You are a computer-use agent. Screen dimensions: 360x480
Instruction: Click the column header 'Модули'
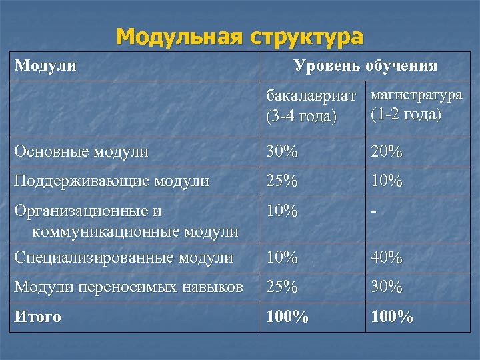tap(45, 65)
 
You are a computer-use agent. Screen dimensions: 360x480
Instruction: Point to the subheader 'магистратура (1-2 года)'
tap(415, 105)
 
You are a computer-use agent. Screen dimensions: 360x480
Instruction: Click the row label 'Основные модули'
tap(81, 151)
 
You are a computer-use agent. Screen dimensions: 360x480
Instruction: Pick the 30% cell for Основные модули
tap(281, 151)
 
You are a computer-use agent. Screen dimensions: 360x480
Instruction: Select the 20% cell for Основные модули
tap(387, 151)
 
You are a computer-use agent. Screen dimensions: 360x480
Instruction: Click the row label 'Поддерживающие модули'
tap(112, 180)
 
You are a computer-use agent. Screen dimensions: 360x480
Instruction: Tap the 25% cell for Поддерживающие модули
tap(281, 180)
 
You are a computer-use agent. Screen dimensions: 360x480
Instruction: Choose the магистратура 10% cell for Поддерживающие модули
tap(387, 180)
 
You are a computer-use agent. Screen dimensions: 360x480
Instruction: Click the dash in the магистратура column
tap(375, 211)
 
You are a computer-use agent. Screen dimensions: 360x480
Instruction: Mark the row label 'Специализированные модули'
tap(124, 257)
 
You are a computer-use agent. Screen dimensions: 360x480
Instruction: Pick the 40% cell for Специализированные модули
tap(387, 257)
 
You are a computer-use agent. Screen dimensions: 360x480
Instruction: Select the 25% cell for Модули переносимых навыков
tap(281, 287)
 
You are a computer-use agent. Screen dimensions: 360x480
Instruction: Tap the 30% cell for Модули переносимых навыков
tap(387, 287)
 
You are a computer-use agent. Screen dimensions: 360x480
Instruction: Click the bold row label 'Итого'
tap(37, 317)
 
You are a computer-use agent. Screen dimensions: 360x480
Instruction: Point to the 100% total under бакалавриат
tap(287, 317)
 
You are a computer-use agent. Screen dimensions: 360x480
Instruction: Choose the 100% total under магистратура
tap(393, 317)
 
